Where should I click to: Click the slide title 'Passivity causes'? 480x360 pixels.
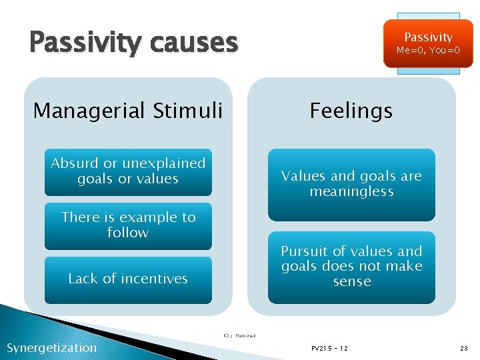[133, 43]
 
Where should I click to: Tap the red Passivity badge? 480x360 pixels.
[428, 43]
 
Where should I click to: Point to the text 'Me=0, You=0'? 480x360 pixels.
[428, 51]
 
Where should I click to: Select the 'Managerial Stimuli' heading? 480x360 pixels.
[128, 110]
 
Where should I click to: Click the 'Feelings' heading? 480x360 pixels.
[351, 110]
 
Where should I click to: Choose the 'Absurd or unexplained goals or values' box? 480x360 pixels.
[128, 171]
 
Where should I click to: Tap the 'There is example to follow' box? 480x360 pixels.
[128, 225]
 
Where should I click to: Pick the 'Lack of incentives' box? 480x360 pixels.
[128, 279]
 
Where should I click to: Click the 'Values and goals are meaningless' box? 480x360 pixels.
[351, 184]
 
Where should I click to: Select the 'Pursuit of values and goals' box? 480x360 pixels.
[351, 267]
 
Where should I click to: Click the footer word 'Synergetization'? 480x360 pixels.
[51, 347]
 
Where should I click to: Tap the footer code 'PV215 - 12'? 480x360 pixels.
[329, 348]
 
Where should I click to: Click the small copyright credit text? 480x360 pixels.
[240, 335]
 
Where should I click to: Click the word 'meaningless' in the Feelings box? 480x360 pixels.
[351, 192]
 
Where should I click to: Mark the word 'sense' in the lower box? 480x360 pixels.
[352, 281]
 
